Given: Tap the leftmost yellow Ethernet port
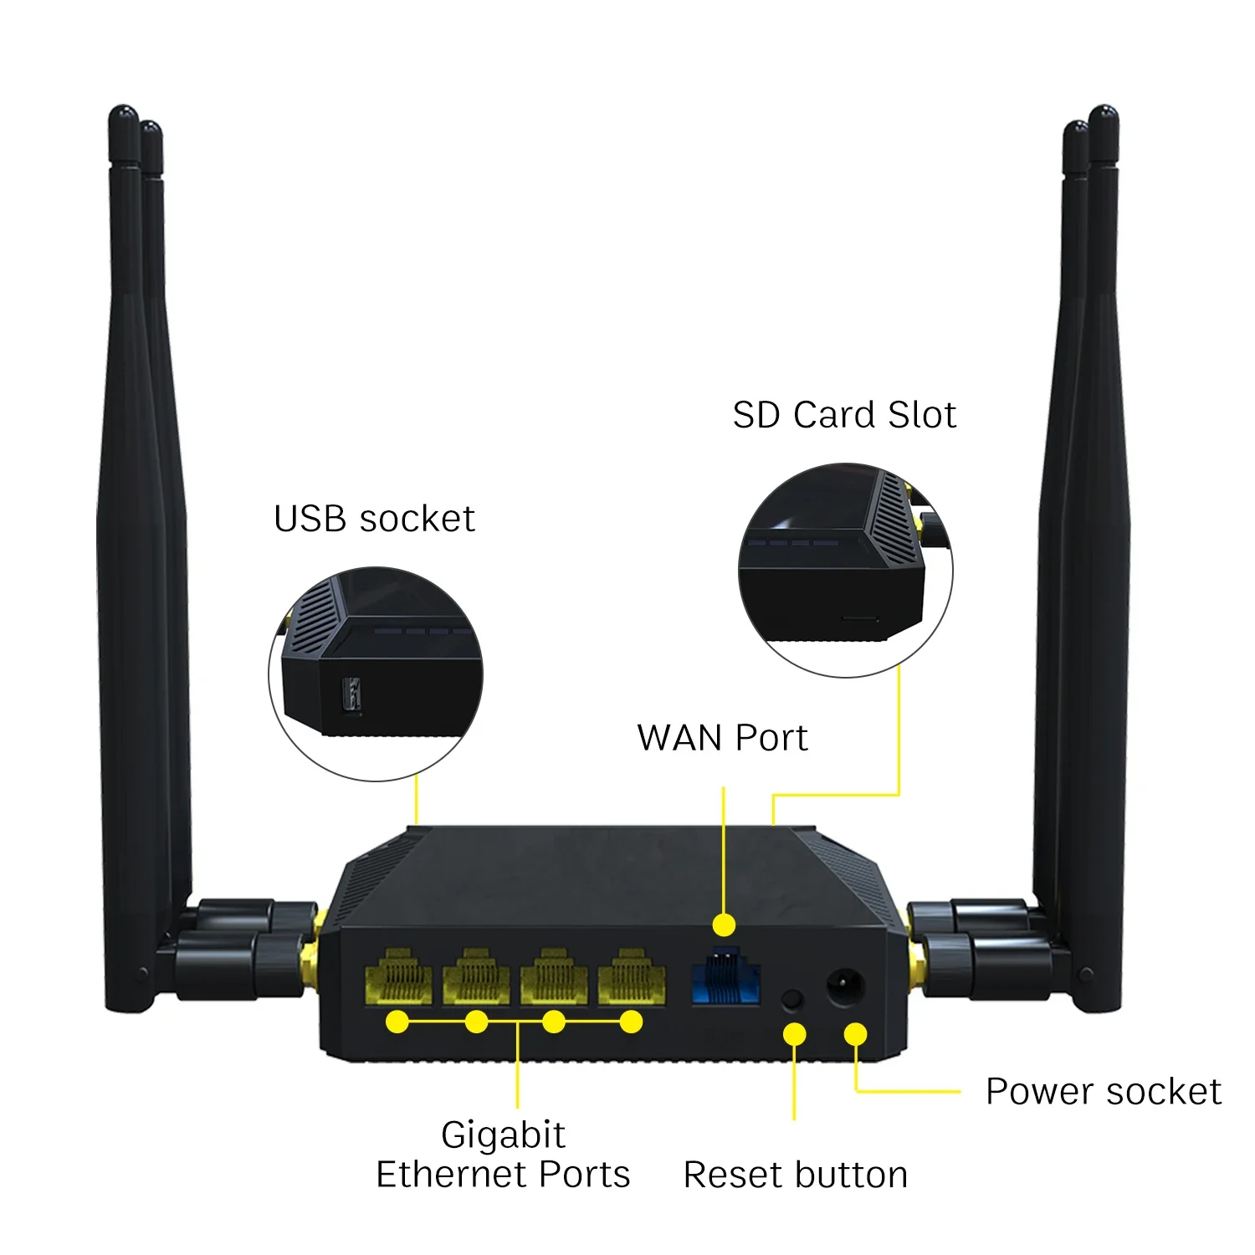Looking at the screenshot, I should coord(398,977).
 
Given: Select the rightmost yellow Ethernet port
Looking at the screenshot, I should coord(632,977).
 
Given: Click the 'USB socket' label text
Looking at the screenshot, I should coord(374,519).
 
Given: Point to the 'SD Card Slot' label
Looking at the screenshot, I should coord(844,415).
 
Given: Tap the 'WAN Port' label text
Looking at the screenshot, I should coord(722,738).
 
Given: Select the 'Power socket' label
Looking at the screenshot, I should coord(1103,1091).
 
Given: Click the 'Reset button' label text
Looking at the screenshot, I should coord(795,1175).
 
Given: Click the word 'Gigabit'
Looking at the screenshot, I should coord(503,1135).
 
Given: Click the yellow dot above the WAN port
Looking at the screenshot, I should coord(724,925).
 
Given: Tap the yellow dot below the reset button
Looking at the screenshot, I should coord(794,1034).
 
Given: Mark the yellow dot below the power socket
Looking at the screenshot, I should coord(855,1034).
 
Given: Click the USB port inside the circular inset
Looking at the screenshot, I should coord(351,695).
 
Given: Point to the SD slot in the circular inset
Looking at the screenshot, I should coord(859,619).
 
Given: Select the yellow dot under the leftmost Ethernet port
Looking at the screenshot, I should coord(398,1022).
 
